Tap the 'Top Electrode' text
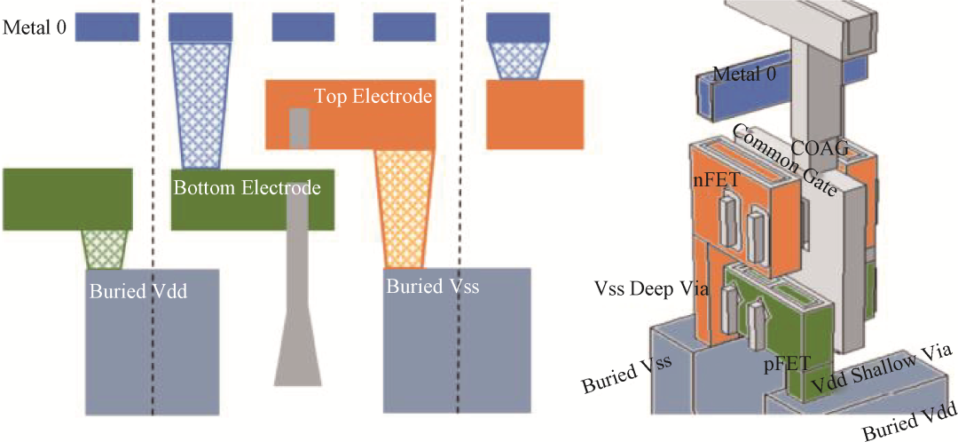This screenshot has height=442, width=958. [373, 96]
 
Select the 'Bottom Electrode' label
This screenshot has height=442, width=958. [246, 188]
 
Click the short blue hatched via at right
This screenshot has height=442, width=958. [520, 59]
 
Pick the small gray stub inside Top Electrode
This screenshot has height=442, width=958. [299, 128]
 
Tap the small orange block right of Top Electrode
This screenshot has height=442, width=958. [534, 110]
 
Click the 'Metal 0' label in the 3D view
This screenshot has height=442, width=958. [744, 75]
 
